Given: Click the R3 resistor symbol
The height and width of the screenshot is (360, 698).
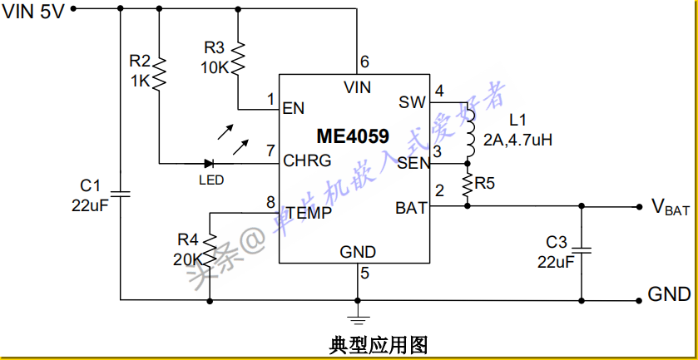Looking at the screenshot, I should click(x=238, y=58).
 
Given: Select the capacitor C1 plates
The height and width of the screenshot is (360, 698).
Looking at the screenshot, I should click(x=121, y=194).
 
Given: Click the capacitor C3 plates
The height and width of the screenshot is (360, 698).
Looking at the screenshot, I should click(x=582, y=249).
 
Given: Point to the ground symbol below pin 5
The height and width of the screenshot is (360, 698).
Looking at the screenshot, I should click(x=359, y=316).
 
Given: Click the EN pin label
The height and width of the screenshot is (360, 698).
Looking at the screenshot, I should click(x=293, y=108).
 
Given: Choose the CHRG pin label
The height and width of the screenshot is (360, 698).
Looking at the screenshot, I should click(x=307, y=160).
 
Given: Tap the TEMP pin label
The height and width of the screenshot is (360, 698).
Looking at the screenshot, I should click(x=309, y=212).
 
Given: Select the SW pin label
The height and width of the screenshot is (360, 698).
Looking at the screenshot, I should click(x=412, y=102).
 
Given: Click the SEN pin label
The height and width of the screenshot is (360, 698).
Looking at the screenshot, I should click(x=412, y=162).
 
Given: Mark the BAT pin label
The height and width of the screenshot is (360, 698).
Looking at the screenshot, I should click(x=411, y=208).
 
